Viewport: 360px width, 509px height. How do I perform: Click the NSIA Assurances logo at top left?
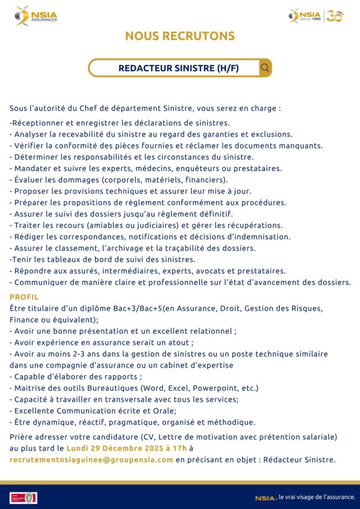[x=36, y=16]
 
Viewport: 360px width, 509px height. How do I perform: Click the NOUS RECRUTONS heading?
[x=180, y=36]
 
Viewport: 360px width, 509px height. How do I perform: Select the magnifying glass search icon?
[x=265, y=68]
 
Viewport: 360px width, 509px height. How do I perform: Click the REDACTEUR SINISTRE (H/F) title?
[x=179, y=68]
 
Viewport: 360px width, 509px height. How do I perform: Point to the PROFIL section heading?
[x=24, y=297]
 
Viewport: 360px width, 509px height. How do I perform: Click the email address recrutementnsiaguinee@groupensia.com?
[x=91, y=460]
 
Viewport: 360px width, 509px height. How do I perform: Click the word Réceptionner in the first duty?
[x=38, y=122]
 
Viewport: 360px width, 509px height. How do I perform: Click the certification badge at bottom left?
[x=23, y=497]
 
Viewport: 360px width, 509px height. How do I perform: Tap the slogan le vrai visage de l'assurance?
[x=317, y=497]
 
